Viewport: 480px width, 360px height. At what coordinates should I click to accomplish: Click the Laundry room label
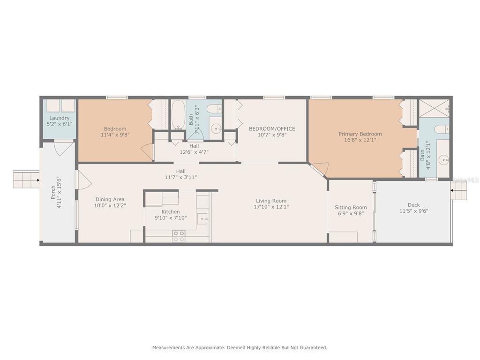(x=60, y=118)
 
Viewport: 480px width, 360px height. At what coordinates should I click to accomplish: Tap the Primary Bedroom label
(x=360, y=134)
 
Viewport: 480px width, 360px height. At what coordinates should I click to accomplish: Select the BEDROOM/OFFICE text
(x=272, y=128)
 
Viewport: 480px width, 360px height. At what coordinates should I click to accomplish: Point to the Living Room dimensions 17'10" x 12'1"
(x=271, y=207)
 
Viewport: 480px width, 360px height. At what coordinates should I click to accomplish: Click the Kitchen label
(x=171, y=211)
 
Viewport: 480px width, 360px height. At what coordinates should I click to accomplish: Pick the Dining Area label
(x=110, y=199)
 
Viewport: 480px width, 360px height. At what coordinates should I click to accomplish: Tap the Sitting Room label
(x=351, y=207)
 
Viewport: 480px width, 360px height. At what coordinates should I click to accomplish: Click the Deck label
(x=413, y=205)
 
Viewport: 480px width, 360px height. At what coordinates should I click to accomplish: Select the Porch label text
(x=53, y=192)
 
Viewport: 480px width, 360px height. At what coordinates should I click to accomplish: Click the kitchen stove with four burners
(x=179, y=236)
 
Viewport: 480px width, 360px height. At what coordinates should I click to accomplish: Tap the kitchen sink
(x=202, y=218)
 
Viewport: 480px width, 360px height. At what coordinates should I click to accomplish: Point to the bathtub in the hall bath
(x=178, y=115)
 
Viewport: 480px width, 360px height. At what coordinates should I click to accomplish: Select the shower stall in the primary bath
(x=434, y=108)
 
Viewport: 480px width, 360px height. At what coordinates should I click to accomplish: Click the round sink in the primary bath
(x=443, y=159)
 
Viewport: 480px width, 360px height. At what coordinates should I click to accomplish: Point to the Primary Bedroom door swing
(x=319, y=169)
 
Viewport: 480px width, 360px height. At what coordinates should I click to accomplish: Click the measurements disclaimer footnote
(x=240, y=347)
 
